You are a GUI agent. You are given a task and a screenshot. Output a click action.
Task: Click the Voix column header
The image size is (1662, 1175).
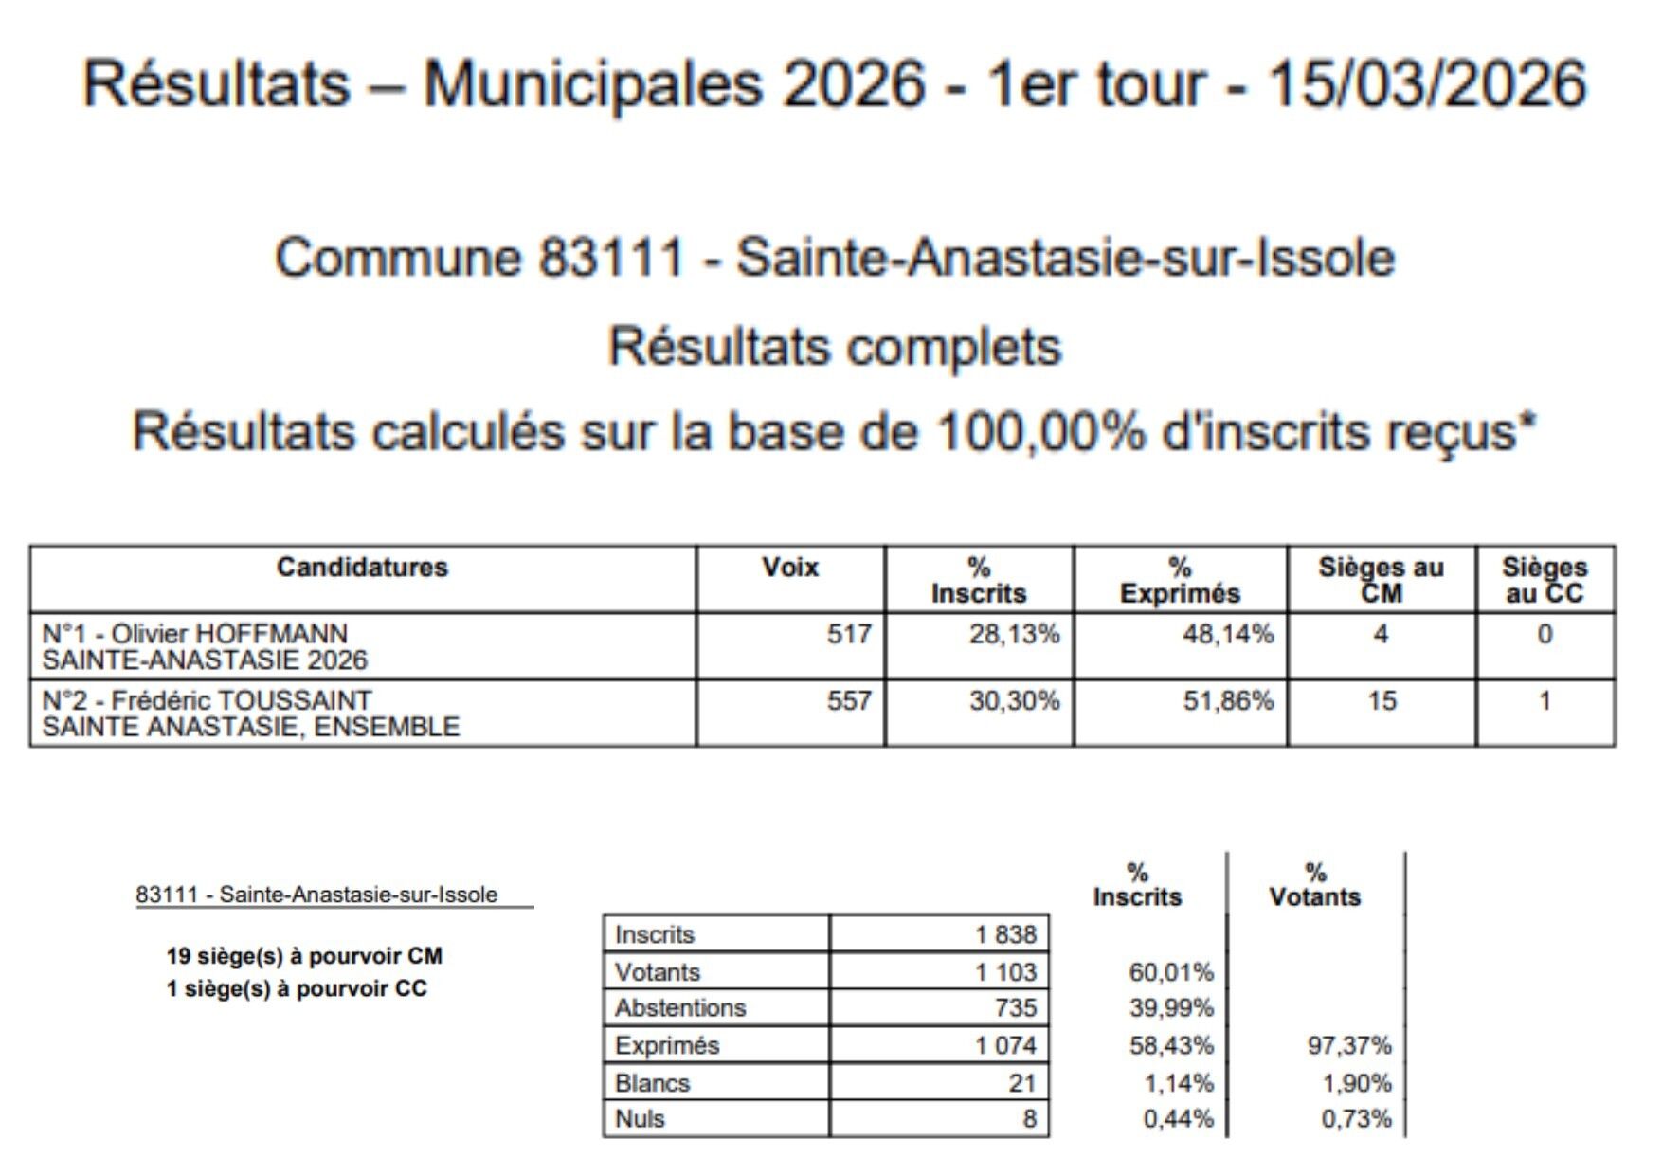pyautogui.click(x=790, y=568)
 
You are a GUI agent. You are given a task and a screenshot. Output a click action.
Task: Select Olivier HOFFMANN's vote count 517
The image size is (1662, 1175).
pyautogui.click(x=848, y=634)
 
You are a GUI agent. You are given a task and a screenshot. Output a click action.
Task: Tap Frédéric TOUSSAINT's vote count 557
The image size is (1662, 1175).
pyautogui.click(x=848, y=701)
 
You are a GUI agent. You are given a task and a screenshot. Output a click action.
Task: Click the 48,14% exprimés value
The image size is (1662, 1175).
pyautogui.click(x=1227, y=634)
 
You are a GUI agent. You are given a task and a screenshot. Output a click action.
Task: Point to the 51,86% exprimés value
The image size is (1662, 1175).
pyautogui.click(x=1227, y=701)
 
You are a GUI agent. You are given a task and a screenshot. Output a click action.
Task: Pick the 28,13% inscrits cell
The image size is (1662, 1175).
pyautogui.click(x=1013, y=634)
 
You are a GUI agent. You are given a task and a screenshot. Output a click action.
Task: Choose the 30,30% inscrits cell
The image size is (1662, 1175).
pyautogui.click(x=1013, y=701)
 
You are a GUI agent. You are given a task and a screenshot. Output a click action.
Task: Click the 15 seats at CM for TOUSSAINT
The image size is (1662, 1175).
pyautogui.click(x=1381, y=701)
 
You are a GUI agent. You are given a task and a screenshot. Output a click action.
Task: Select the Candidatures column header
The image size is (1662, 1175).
pyautogui.click(x=362, y=568)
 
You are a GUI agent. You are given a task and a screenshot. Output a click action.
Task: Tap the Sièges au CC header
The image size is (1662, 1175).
pyautogui.click(x=1545, y=580)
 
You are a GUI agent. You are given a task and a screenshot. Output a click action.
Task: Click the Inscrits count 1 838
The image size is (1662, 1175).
pyautogui.click(x=1006, y=934)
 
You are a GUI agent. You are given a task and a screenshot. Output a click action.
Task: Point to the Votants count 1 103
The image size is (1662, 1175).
pyautogui.click(x=1006, y=972)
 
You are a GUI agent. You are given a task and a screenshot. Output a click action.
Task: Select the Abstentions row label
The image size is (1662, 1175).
pyautogui.click(x=680, y=1008)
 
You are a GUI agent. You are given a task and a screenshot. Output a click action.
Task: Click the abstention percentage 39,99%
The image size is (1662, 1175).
pyautogui.click(x=1171, y=1008)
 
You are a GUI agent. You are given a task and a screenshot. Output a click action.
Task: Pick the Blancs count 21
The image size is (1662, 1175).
pyautogui.click(x=1021, y=1083)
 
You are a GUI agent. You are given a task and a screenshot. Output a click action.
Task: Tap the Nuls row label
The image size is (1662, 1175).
pyautogui.click(x=640, y=1119)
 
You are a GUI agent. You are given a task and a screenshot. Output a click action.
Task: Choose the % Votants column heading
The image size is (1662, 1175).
pyautogui.click(x=1314, y=885)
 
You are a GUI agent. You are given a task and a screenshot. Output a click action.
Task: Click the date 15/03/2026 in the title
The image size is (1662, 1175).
pyautogui.click(x=1426, y=83)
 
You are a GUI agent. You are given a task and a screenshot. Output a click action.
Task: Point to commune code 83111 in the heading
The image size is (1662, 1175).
pyautogui.click(x=611, y=258)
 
